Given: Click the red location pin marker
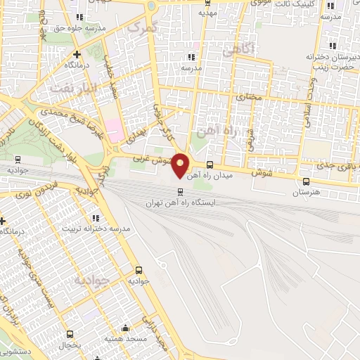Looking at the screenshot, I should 181,165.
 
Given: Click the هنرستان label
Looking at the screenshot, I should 306,191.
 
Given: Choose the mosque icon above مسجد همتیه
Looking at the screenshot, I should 125,327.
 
